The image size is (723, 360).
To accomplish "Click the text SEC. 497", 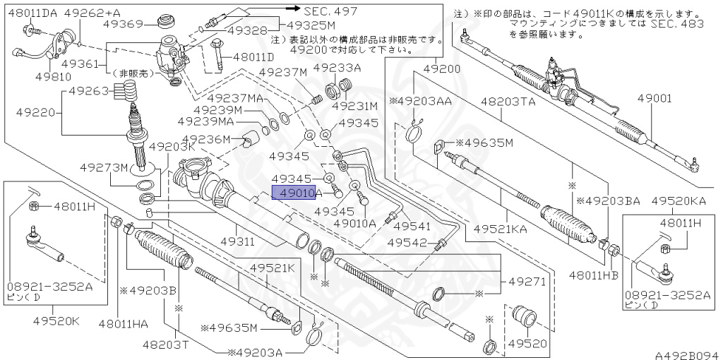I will [330, 11].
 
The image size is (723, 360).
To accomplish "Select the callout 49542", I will [411, 243].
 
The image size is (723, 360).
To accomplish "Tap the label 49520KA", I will [679, 201].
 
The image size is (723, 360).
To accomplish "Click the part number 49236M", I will [206, 139].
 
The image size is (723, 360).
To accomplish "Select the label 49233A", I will [337, 68].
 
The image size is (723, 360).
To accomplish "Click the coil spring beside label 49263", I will [125, 89].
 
